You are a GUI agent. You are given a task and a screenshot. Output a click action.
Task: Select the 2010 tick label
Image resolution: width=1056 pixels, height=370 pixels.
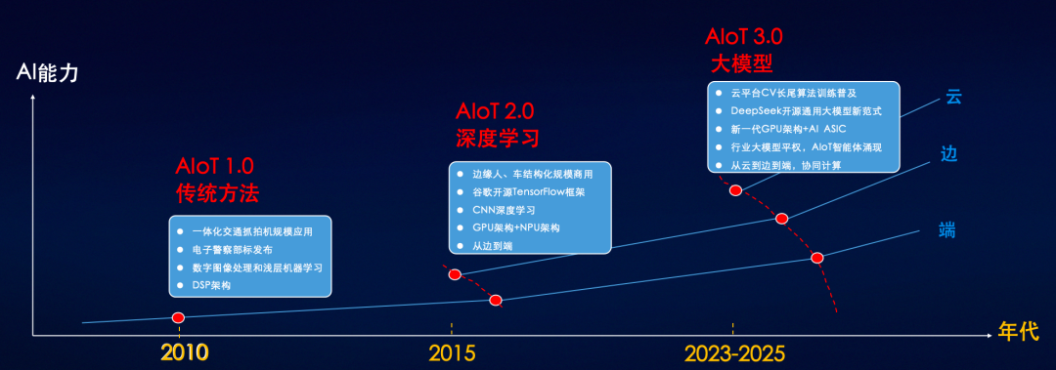tap(184, 352)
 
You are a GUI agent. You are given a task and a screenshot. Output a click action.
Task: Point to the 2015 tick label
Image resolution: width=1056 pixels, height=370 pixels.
tap(451, 352)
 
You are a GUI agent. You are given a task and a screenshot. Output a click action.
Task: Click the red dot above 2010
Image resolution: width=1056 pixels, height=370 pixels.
tap(178, 317)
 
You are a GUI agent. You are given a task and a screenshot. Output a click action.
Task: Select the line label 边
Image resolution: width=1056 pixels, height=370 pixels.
tap(948, 154)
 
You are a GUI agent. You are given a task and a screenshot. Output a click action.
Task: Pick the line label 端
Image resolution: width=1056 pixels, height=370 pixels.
tap(946, 230)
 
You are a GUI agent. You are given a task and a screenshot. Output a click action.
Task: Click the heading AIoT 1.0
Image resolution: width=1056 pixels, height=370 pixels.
tap(220, 165)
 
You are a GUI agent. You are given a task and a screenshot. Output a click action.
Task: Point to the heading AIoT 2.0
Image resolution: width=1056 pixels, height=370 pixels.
tap(495, 110)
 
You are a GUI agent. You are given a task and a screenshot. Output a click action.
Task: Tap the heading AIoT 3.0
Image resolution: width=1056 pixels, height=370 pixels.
tap(744, 38)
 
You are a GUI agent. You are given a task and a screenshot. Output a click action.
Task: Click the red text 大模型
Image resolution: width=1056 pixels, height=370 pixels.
tap(741, 64)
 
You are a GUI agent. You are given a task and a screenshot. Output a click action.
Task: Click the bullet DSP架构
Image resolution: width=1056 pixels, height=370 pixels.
tap(213, 284)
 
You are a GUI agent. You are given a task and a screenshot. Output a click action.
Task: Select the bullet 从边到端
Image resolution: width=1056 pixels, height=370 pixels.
tap(493, 245)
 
